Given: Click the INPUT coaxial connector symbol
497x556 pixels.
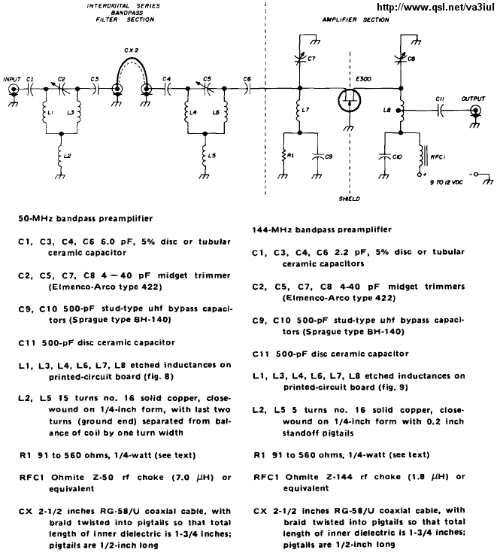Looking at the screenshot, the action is pyautogui.click(x=14, y=89).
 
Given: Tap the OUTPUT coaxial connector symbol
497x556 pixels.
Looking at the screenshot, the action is pyautogui.click(x=475, y=111).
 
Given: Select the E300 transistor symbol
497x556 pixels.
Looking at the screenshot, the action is pyautogui.click(x=349, y=99).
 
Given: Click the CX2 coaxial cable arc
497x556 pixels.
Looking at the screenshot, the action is pyautogui.click(x=131, y=60).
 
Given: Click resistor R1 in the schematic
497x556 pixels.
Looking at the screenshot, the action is pyautogui.click(x=283, y=156).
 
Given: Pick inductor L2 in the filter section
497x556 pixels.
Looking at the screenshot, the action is pyautogui.click(x=62, y=156).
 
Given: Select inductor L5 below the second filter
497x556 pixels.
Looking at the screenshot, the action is pyautogui.click(x=205, y=156).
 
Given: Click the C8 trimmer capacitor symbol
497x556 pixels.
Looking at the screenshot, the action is pyautogui.click(x=401, y=59).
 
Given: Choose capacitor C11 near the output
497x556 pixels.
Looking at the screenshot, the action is pyautogui.click(x=441, y=111).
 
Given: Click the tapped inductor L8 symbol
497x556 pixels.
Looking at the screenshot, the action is pyautogui.click(x=401, y=111).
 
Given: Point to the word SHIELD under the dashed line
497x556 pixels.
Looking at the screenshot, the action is pyautogui.click(x=349, y=199).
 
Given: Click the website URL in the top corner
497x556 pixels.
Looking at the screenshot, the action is pyautogui.click(x=435, y=7).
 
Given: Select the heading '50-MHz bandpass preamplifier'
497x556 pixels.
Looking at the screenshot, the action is pyautogui.click(x=86, y=218).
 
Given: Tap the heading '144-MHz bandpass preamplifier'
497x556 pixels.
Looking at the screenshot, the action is pyautogui.click(x=322, y=229).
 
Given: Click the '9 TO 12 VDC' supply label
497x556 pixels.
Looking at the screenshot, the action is pyautogui.click(x=447, y=182).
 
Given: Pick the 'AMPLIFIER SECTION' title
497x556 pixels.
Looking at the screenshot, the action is pyautogui.click(x=356, y=20).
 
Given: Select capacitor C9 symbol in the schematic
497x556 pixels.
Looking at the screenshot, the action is pyautogui.click(x=318, y=156).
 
